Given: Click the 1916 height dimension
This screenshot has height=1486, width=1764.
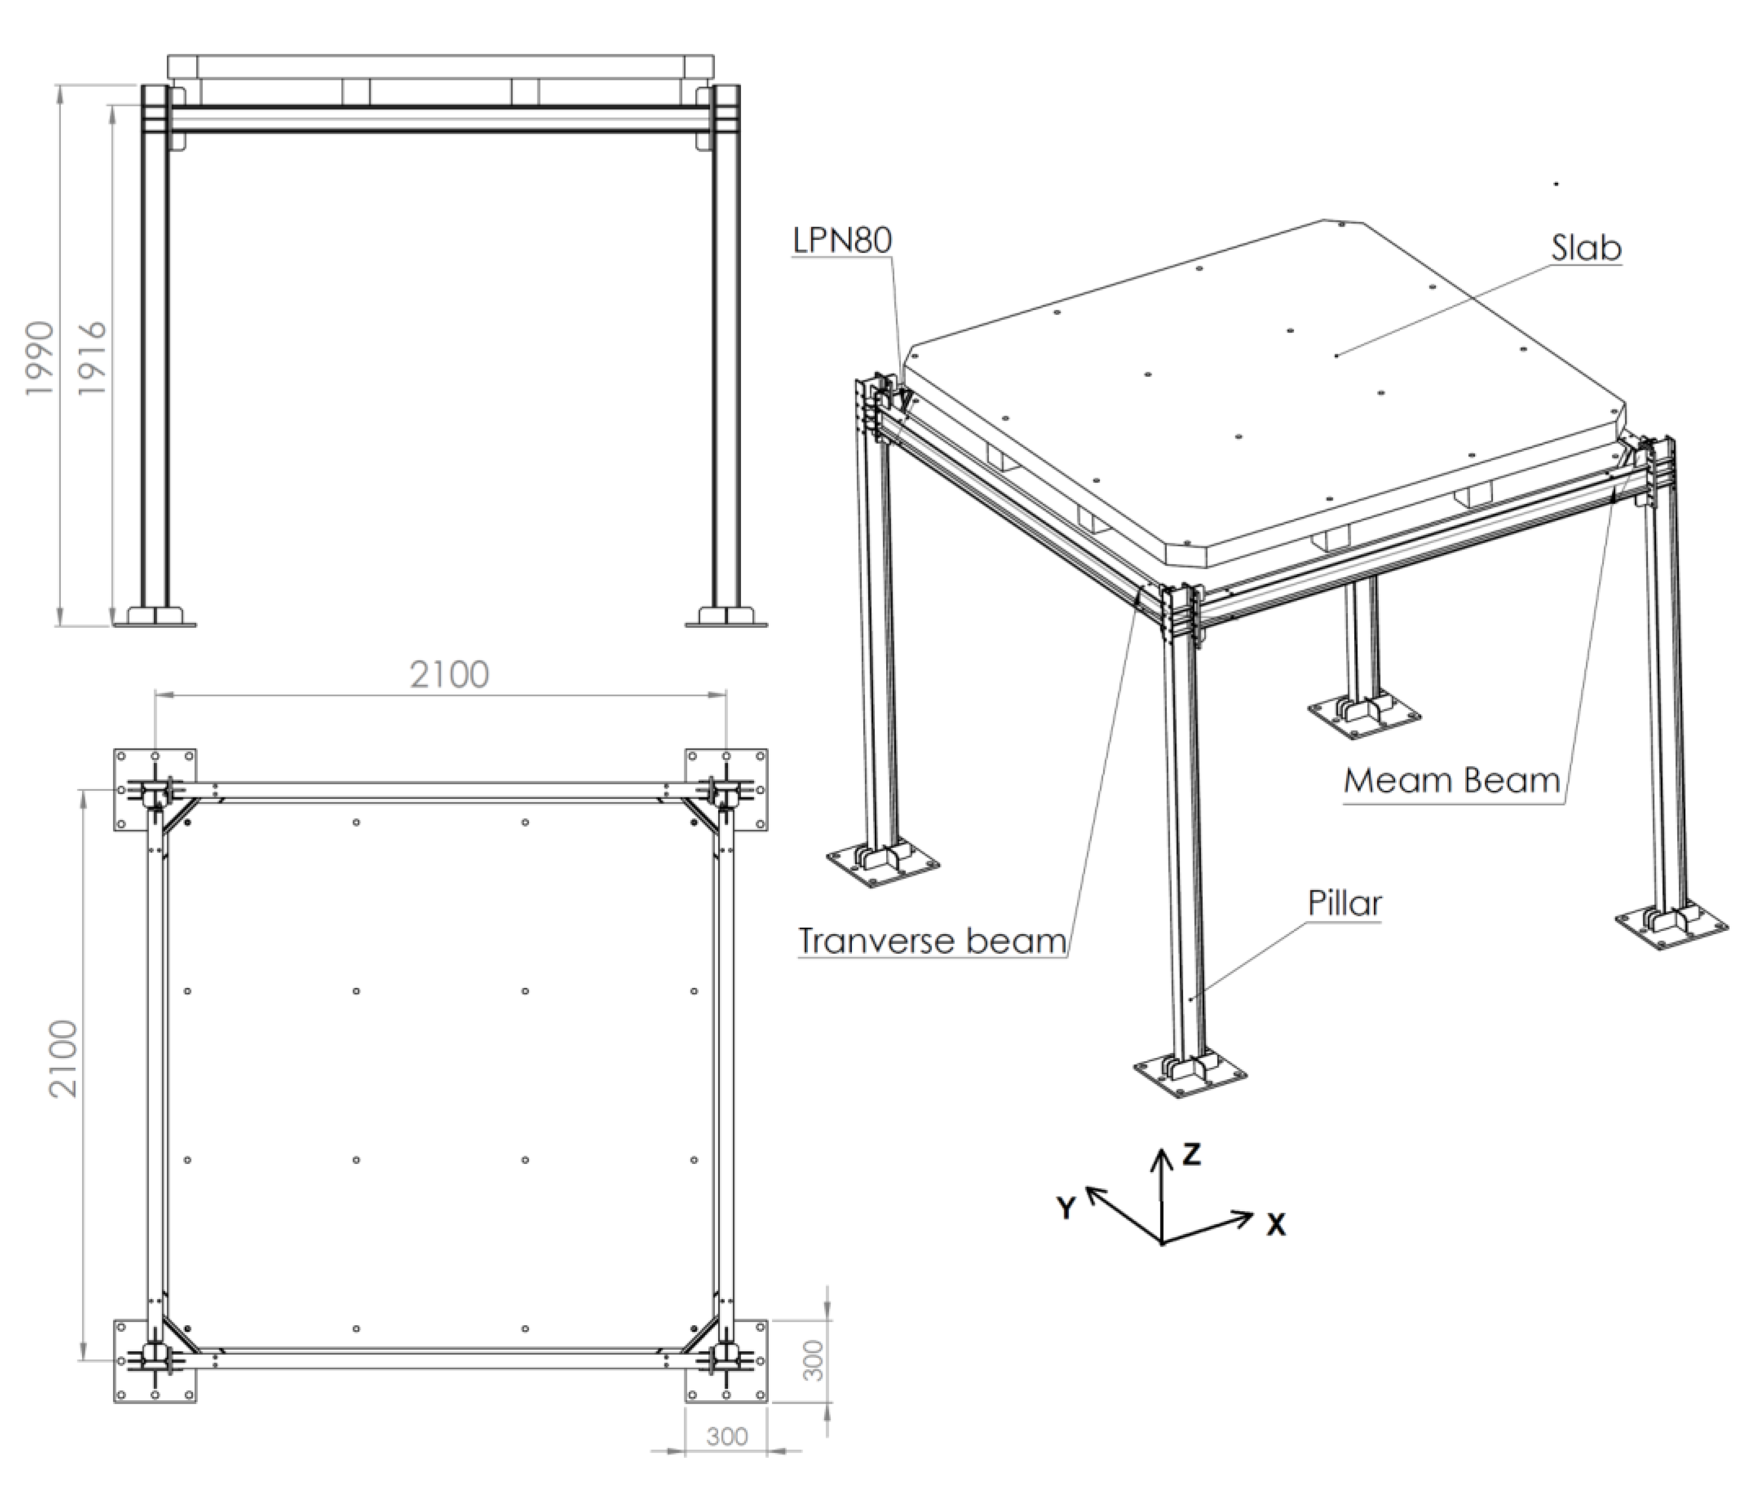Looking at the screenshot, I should click(x=91, y=357).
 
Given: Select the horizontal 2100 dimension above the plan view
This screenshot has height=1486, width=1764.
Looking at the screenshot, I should click(x=449, y=675).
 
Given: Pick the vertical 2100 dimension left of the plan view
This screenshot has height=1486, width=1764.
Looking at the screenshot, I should click(x=63, y=1059).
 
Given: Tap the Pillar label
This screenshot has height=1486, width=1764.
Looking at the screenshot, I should click(x=1345, y=904).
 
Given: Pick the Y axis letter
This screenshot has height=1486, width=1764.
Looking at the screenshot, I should click(x=1066, y=1208).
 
